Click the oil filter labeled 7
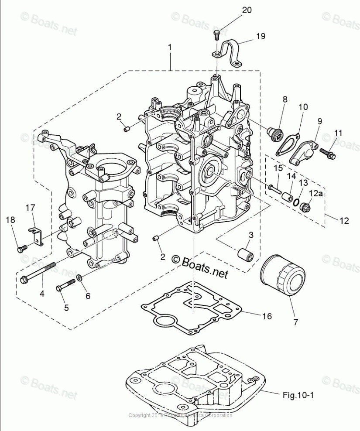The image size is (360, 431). tap(282, 276)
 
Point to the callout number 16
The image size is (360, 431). tap(267, 316)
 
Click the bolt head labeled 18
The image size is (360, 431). tap(20, 249)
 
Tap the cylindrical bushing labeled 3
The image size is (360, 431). tap(245, 254)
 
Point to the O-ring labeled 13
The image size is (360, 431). tap(297, 202)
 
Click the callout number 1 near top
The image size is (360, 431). tap(169, 46)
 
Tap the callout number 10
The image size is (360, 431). tap(303, 107)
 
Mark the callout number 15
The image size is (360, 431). tap(278, 168)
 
